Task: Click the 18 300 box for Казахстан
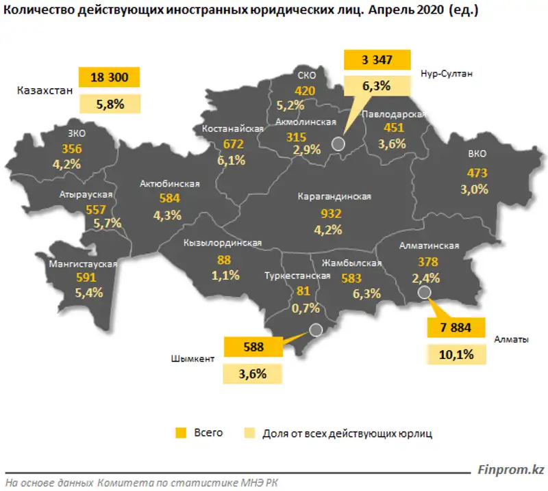pyautogui.click(x=109, y=77)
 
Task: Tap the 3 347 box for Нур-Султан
pyautogui.click(x=377, y=61)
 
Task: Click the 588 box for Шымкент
pyautogui.click(x=253, y=346)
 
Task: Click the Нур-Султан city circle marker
pyautogui.click(x=337, y=143)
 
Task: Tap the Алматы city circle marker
pyautogui.click(x=424, y=293)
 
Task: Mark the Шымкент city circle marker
pyautogui.click(x=315, y=330)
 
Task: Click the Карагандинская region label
pyautogui.click(x=334, y=197)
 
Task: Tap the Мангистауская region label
pyautogui.click(x=83, y=263)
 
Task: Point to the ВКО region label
pyautogui.click(x=477, y=154)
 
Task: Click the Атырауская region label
pyautogui.click(x=86, y=194)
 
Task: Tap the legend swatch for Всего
pyautogui.click(x=181, y=433)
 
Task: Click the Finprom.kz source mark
pyautogui.click(x=511, y=470)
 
